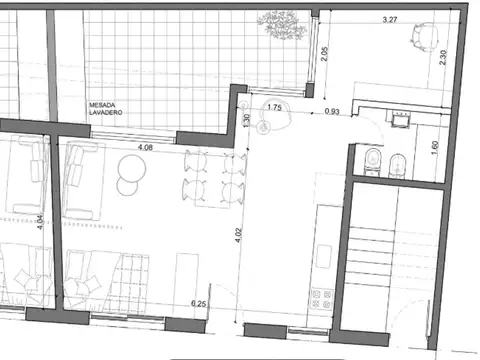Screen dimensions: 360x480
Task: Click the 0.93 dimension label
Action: point(332,111)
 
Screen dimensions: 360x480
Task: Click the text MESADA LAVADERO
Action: point(105,109)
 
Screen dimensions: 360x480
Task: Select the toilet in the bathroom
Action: point(371,160)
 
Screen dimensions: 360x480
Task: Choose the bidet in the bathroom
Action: point(396,162)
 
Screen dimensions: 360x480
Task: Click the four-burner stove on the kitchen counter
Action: point(322,296)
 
